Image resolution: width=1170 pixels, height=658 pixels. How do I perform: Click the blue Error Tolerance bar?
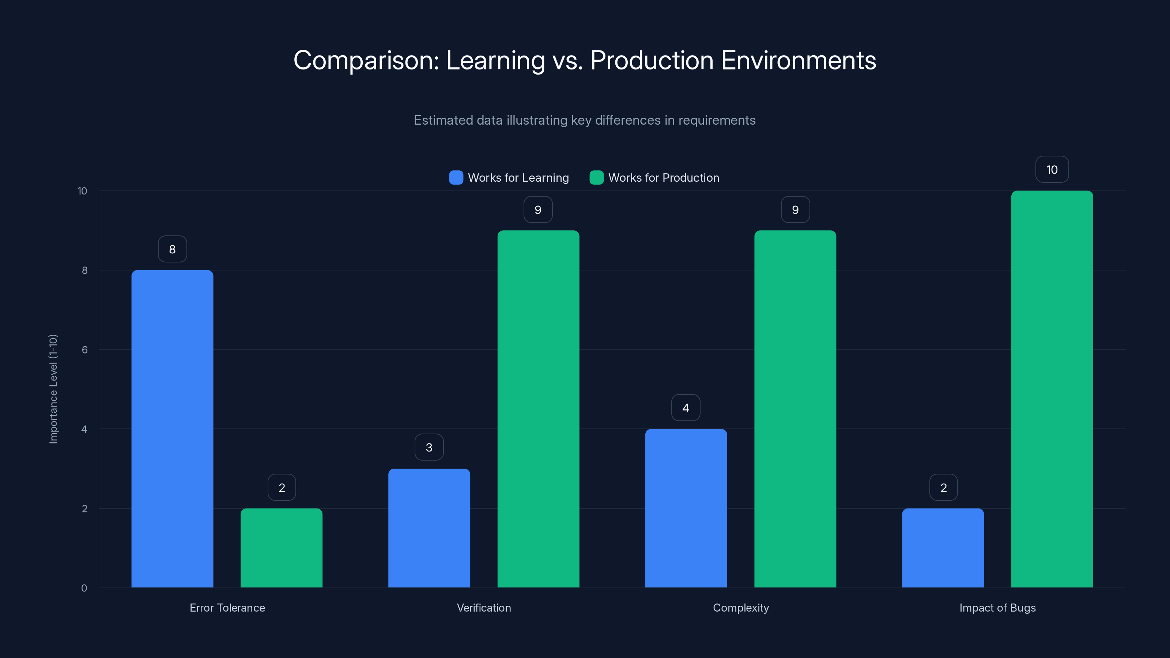click(x=172, y=429)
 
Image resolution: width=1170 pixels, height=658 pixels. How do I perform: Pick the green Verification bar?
click(x=538, y=409)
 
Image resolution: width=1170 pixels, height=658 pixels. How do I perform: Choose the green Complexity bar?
click(x=795, y=409)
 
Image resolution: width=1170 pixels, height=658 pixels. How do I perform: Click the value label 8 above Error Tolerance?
click(x=172, y=249)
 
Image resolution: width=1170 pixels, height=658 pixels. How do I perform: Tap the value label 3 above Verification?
click(x=429, y=447)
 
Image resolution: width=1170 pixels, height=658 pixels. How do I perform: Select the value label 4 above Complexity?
click(x=686, y=408)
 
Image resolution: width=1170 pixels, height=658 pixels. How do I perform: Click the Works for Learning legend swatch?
click(x=456, y=178)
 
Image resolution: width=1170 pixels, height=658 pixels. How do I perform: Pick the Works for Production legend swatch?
click(x=596, y=178)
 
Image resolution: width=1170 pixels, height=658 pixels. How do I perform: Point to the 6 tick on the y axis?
click(x=84, y=350)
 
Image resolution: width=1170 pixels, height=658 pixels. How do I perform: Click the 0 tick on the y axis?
click(x=84, y=588)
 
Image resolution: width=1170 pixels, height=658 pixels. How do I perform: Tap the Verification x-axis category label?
click(x=484, y=608)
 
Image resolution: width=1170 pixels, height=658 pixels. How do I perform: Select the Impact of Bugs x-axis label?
click(x=997, y=608)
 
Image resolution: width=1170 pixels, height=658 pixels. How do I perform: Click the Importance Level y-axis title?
click(x=53, y=389)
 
